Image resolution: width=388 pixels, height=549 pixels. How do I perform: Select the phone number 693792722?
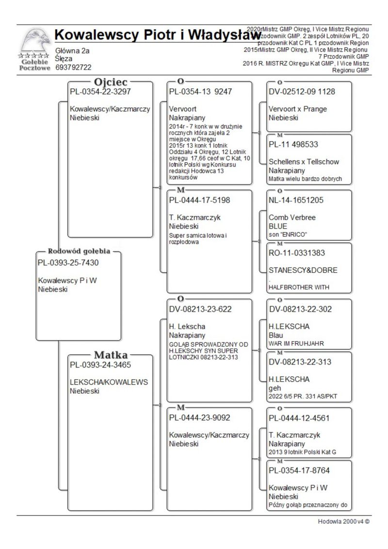pyautogui.click(x=74, y=67)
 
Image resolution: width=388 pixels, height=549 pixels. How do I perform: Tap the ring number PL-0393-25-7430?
pyautogui.click(x=68, y=263)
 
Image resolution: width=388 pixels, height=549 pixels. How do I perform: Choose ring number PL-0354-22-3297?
pyautogui.click(x=100, y=91)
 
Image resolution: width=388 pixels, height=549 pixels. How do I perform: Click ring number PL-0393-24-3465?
pyautogui.click(x=100, y=365)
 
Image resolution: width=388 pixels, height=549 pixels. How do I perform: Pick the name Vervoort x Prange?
pyautogui.click(x=298, y=109)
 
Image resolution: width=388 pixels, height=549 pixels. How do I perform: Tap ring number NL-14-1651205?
pyautogui.click(x=296, y=200)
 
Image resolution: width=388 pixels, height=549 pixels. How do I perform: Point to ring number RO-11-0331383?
pyautogui.click(x=297, y=253)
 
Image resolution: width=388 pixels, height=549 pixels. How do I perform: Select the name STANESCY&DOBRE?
pyautogui.click(x=303, y=270)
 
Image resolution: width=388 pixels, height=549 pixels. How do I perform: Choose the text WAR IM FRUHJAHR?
pyautogui.click(x=296, y=343)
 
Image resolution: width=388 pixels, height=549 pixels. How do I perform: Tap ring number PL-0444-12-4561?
pyautogui.click(x=300, y=418)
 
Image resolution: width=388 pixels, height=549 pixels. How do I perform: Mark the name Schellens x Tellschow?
pyautogui.click(x=304, y=162)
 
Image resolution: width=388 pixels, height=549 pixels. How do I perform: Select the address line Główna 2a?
pyautogui.click(x=73, y=50)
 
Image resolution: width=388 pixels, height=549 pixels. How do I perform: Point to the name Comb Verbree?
pyautogui.click(x=292, y=217)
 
